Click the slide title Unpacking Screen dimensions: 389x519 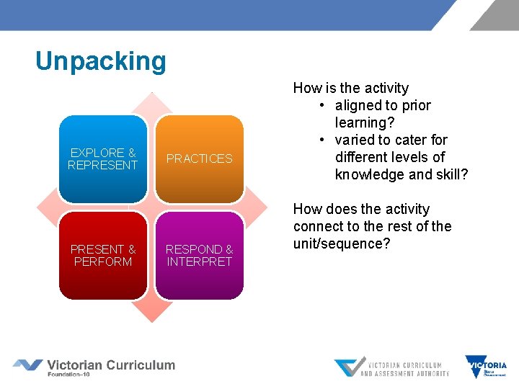click(x=100, y=61)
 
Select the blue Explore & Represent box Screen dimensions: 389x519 click(x=102, y=158)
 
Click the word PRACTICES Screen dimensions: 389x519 click(x=200, y=158)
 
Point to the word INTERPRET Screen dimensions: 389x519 click(x=200, y=262)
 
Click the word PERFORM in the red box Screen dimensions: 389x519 click(x=102, y=262)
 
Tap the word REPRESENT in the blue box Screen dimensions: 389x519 click(x=102, y=165)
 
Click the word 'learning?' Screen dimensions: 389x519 click(x=365, y=122)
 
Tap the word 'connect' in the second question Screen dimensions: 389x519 click(x=318, y=226)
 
